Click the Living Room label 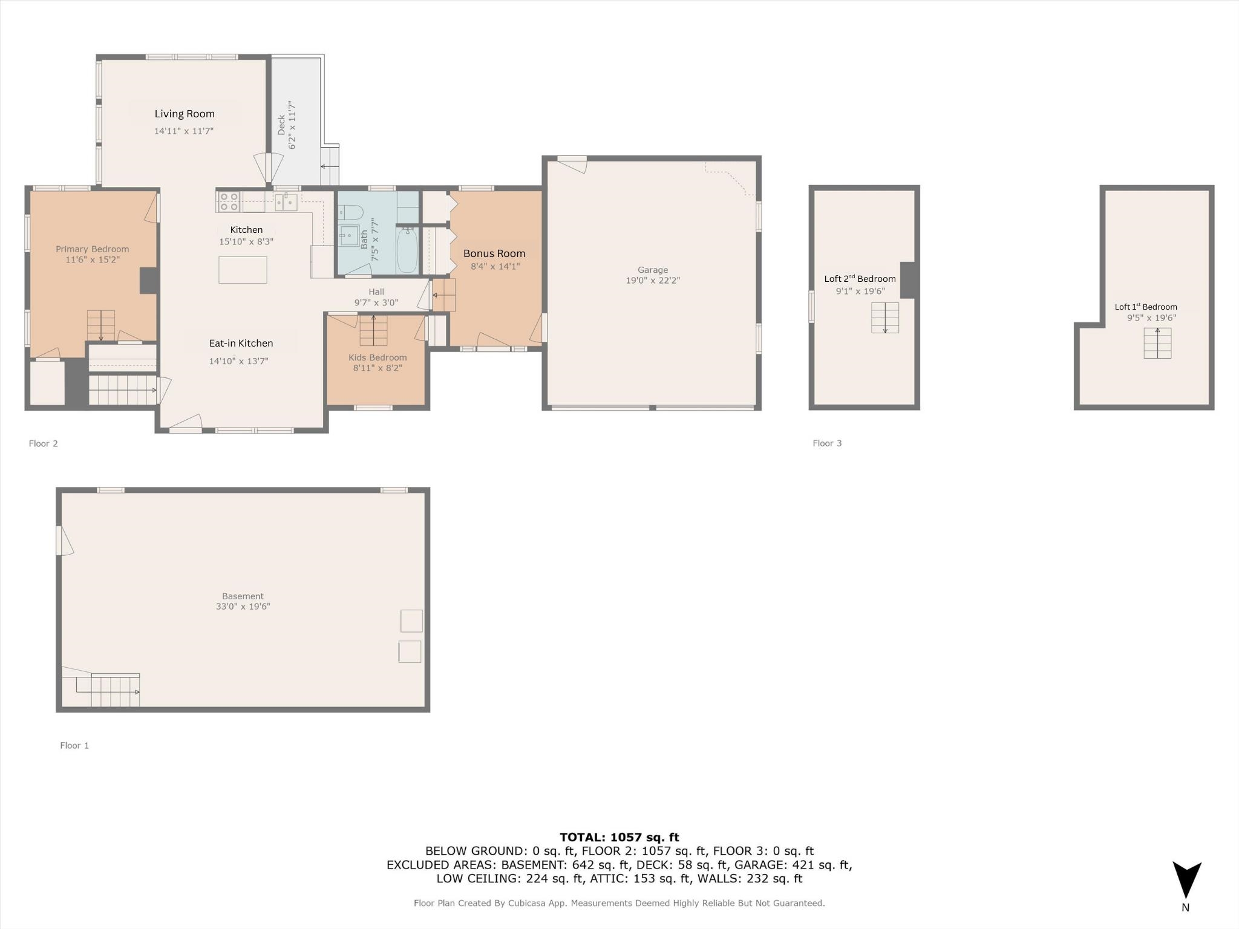click(x=185, y=114)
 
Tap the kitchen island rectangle click(x=243, y=270)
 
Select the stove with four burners click(x=228, y=201)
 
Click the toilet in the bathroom click(x=350, y=212)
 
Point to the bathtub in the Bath click(x=407, y=250)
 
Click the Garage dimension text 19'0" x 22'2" click(x=653, y=281)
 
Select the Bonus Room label click(x=494, y=253)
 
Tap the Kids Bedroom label click(x=378, y=357)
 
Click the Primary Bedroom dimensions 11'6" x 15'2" click(x=93, y=259)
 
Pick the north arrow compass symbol click(x=1187, y=881)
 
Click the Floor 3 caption click(x=827, y=443)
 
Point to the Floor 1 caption click(x=74, y=746)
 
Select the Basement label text click(x=243, y=596)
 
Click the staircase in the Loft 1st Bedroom click(x=1157, y=343)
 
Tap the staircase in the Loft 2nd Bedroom click(x=885, y=318)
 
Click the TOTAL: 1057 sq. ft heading click(x=619, y=837)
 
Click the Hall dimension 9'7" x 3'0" click(x=376, y=303)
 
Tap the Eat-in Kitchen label click(x=241, y=344)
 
